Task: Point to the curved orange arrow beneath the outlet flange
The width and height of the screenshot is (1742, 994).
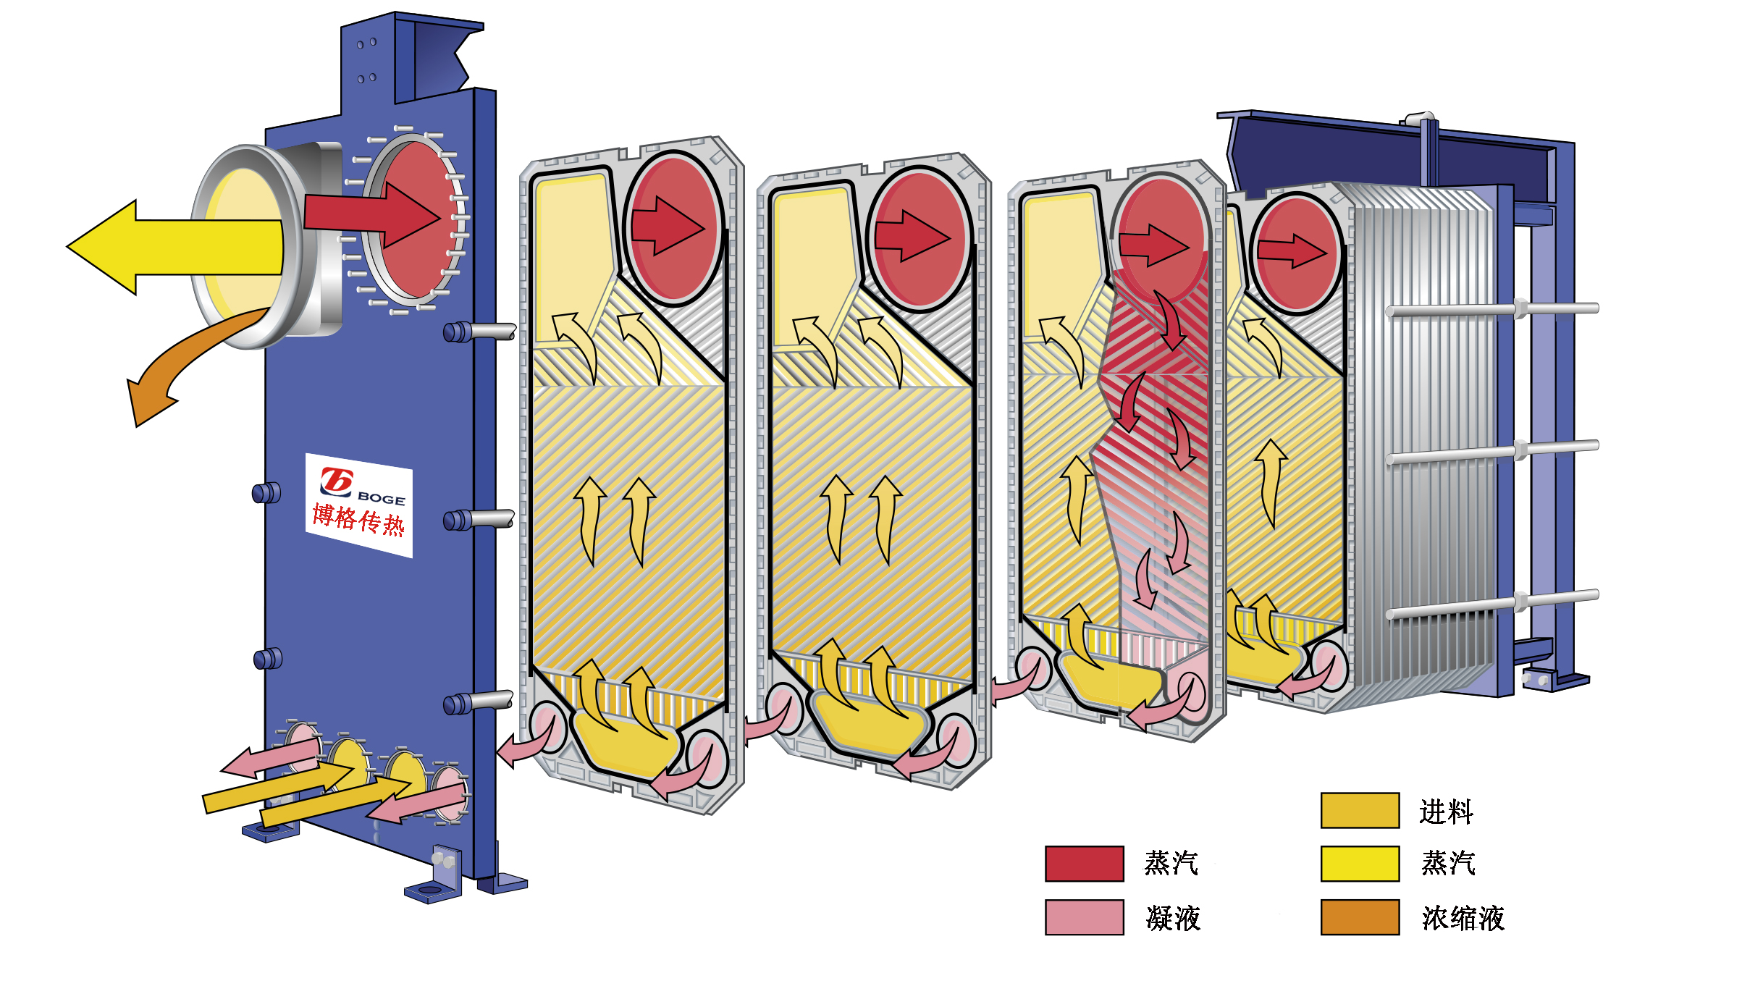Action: point(181,362)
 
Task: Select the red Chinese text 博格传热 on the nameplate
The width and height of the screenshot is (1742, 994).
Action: point(358,520)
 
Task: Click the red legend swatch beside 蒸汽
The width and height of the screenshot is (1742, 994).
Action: point(1084,863)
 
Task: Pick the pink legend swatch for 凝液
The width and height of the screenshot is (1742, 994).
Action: point(1084,917)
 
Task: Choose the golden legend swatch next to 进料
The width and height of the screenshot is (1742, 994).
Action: point(1360,810)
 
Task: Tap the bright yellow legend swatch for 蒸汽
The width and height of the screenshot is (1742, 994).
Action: point(1360,863)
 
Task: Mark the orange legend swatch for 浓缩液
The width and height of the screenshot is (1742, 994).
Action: point(1360,917)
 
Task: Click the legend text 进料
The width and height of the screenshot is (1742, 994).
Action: point(1446,812)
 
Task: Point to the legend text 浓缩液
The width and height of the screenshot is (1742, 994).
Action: point(1463,918)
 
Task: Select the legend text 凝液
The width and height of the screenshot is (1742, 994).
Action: point(1173,918)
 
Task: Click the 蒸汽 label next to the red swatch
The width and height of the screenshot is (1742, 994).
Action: point(1171,863)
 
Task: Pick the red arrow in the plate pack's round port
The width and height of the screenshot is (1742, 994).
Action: point(1292,251)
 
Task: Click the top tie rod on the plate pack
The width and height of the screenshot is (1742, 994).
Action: point(1491,310)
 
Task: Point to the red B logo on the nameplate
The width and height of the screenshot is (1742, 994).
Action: point(337,481)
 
